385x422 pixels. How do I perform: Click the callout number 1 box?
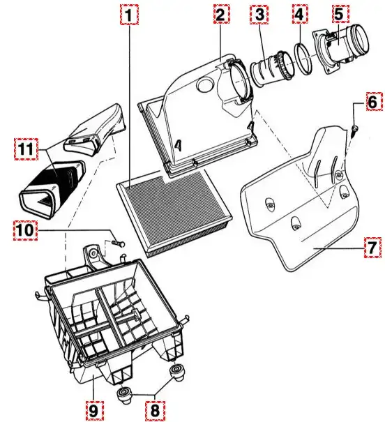click(x=130, y=15)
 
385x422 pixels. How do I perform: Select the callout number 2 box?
click(x=221, y=15)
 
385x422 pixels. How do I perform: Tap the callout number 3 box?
click(x=259, y=15)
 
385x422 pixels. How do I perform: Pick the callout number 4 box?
click(x=299, y=15)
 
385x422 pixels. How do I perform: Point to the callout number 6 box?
click(x=373, y=102)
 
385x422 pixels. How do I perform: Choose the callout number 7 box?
click(x=372, y=247)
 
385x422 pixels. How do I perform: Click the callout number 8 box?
click(x=155, y=411)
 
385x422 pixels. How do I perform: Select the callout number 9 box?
click(x=95, y=411)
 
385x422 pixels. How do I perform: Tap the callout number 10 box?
click(x=26, y=230)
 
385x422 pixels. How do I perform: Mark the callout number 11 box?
click(x=26, y=149)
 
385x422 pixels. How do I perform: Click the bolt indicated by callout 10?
click(x=118, y=243)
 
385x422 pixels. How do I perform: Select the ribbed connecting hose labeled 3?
click(x=272, y=68)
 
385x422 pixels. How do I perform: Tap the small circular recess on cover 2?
click(x=205, y=84)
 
